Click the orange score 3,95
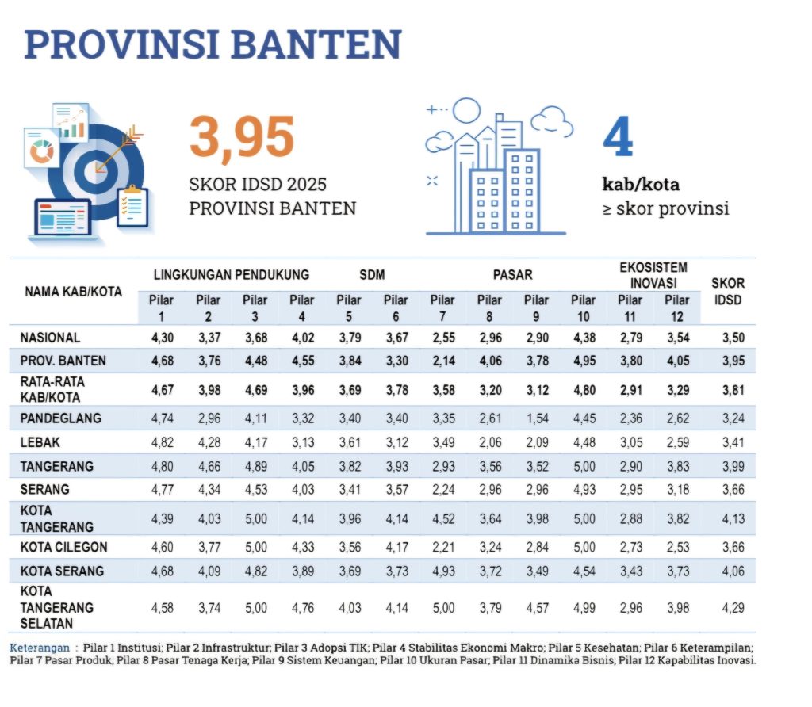(242, 138)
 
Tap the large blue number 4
(618, 140)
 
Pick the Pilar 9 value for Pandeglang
(536, 418)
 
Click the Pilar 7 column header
(442, 307)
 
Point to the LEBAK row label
(41, 442)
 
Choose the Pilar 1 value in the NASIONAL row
(162, 338)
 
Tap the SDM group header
(371, 275)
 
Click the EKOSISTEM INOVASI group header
(653, 275)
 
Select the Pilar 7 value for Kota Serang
(442, 571)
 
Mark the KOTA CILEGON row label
(63, 547)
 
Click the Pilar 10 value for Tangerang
(583, 466)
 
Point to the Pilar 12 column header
(677, 307)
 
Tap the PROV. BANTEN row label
(63, 361)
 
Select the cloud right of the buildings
(552, 120)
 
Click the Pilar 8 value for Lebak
(489, 442)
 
